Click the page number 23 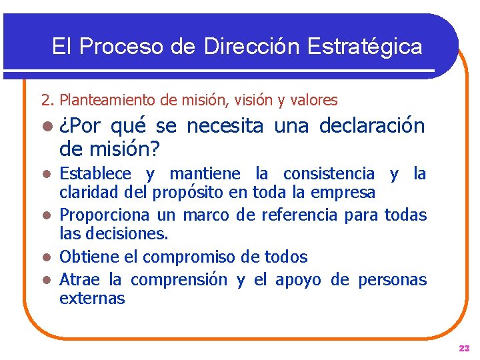point(464,348)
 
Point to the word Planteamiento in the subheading point(107,101)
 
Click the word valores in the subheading point(314,101)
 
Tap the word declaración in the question point(372,125)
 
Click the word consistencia point(329,174)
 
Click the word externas point(92,298)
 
